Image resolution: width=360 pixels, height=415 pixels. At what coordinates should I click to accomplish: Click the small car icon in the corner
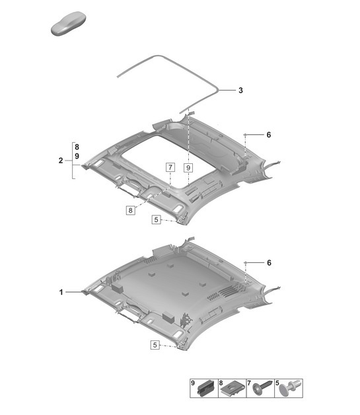pos(66,28)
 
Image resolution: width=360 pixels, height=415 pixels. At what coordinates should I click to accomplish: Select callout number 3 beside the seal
pos(241,90)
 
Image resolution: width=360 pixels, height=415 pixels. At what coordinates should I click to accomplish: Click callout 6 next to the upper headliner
pos(269,135)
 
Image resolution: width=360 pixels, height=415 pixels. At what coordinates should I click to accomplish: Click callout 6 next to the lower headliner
pos(269,262)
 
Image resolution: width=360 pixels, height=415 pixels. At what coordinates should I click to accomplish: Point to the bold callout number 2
pos(61,161)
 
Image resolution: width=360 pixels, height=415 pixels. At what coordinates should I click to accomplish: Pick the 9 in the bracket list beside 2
pos(77,156)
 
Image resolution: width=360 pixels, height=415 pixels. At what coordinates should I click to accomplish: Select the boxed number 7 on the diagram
pos(170,168)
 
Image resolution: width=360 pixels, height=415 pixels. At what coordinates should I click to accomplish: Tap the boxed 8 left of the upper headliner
pos(131,209)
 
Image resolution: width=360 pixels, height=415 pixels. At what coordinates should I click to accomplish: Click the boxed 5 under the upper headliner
pos(156,219)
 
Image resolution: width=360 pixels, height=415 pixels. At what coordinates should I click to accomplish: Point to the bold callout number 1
pos(61,291)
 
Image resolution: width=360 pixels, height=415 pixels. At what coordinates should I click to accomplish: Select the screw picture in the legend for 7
pos(260,389)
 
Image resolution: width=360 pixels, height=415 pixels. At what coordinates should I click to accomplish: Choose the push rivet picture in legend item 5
pos(286,390)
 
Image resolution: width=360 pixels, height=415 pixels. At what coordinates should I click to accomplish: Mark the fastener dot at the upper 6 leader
pos(246,135)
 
